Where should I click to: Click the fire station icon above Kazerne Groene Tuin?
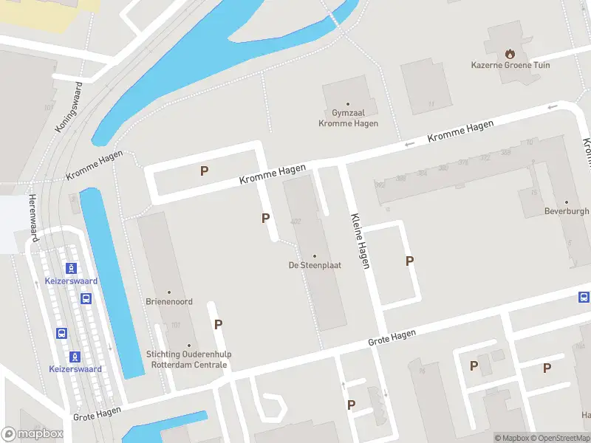(x=509, y=53)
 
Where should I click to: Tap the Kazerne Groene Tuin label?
(x=510, y=65)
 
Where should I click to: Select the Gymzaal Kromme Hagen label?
(x=348, y=119)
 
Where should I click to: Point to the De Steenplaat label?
(x=315, y=265)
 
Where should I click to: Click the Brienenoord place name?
(x=169, y=301)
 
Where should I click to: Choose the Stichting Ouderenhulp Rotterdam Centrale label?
(x=189, y=360)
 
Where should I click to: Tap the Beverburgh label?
(x=567, y=211)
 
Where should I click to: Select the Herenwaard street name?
(x=33, y=218)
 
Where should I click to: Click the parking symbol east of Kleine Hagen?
(x=409, y=261)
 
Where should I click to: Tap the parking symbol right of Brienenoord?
(x=218, y=324)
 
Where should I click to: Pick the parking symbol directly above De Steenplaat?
(x=265, y=218)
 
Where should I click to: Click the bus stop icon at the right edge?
(x=584, y=298)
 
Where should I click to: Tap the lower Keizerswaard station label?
(x=75, y=369)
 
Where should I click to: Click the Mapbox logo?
(x=33, y=434)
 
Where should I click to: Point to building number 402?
(x=296, y=221)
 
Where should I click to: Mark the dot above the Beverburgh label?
(x=567, y=202)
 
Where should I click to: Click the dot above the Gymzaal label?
(x=348, y=105)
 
